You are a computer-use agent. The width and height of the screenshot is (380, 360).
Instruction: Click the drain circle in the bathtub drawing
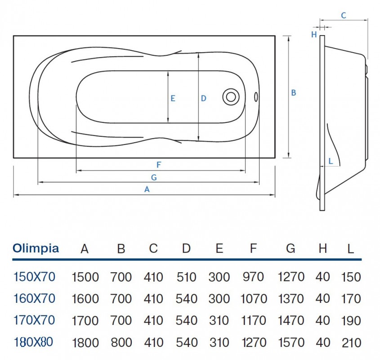click(231, 96)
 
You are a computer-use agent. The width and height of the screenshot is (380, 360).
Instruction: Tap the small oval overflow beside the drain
click(256, 96)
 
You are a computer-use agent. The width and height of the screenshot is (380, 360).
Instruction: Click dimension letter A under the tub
click(147, 189)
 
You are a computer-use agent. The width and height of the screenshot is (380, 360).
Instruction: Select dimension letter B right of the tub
click(293, 93)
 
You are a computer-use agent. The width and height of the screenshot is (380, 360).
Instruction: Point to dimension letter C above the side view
click(343, 16)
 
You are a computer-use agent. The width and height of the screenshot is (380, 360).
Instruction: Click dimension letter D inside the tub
click(203, 98)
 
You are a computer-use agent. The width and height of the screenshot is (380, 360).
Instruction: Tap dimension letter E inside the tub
click(173, 98)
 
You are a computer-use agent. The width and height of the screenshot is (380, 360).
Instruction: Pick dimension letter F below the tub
click(159, 165)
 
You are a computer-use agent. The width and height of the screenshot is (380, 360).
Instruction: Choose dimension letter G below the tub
click(154, 177)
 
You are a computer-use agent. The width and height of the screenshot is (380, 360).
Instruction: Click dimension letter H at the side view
click(314, 34)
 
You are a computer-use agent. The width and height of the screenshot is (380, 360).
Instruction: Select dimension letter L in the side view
click(331, 161)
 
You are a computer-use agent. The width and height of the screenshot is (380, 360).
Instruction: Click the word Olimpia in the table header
click(36, 248)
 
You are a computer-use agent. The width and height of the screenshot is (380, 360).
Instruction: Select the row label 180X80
click(34, 342)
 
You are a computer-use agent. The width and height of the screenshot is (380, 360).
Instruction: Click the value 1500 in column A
click(85, 277)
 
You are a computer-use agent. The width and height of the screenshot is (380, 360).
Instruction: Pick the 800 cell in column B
click(121, 343)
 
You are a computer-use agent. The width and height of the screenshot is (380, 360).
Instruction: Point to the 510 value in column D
click(187, 277)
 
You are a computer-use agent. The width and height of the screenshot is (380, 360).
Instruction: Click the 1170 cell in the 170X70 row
click(254, 321)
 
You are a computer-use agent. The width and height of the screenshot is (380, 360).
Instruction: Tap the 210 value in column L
click(351, 343)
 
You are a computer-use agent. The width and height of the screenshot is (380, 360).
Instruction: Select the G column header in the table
click(291, 249)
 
